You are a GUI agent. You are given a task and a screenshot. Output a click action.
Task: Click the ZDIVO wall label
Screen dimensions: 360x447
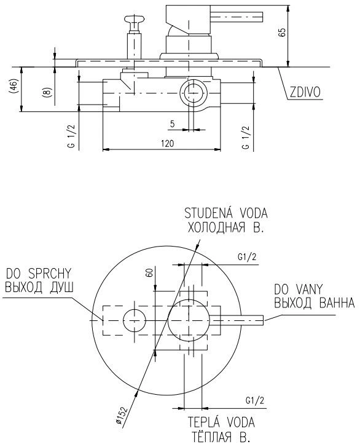[305, 92]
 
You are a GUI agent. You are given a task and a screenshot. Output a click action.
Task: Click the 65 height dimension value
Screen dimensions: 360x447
[282, 32]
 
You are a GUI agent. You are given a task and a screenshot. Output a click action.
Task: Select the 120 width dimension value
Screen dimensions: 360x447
[167, 143]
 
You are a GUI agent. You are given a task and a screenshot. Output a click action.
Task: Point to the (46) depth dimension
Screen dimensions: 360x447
[14, 86]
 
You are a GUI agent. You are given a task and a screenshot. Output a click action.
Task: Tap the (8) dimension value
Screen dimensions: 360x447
[47, 92]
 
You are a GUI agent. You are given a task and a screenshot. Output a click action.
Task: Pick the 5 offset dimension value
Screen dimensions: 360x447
[172, 124]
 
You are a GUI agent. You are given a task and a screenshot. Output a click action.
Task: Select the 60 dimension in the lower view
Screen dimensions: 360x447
[149, 272]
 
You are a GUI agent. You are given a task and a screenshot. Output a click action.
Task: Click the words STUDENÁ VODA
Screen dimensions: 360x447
[226, 213]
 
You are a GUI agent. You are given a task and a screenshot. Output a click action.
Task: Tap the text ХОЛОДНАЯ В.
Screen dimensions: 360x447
[225, 227]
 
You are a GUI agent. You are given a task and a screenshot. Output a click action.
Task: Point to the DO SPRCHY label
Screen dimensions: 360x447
[39, 274]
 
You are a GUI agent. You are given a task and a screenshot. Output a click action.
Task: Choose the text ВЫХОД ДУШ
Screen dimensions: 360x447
[39, 287]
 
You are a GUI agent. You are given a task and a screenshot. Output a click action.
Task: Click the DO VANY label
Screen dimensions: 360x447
[298, 290]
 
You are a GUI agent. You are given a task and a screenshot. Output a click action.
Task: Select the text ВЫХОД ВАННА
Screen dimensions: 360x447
[315, 303]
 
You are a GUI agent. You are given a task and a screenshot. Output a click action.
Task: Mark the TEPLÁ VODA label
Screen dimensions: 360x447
[221, 422]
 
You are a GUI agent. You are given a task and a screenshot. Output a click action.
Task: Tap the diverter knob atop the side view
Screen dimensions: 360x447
[135, 20]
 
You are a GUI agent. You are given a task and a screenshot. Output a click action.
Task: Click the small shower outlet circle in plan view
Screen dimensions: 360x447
[135, 320]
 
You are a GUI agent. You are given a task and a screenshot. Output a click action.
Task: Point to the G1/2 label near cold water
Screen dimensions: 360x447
[247, 257]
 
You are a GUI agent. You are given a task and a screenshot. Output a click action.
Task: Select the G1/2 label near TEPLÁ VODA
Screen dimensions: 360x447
[254, 400]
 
